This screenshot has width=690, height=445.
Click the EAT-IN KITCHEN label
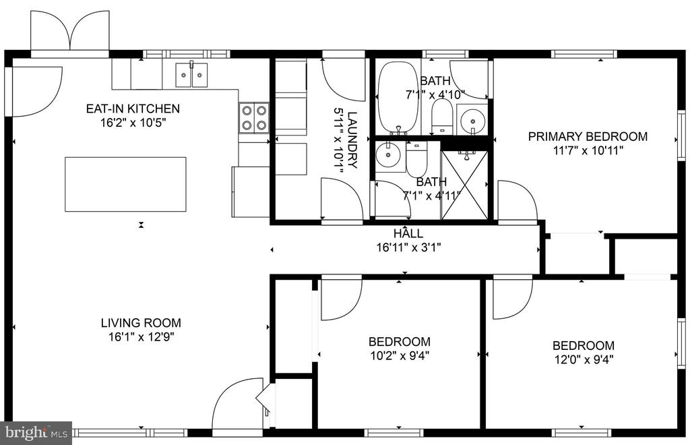tap(133, 109)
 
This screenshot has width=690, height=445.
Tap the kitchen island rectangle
tap(125, 185)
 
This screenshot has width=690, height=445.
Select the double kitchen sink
tap(191, 75)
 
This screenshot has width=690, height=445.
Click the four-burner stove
tap(254, 117)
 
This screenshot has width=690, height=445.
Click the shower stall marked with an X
tap(464, 185)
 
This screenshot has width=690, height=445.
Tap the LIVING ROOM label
tap(141, 323)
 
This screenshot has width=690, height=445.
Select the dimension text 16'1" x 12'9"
tap(142, 337)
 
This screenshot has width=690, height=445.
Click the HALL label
tap(408, 233)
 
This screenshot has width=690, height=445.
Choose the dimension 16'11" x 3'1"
tap(408, 247)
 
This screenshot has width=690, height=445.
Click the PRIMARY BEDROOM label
tap(588, 136)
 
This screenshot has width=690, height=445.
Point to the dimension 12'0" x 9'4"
tap(584, 359)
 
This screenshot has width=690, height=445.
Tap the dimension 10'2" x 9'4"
tap(400, 355)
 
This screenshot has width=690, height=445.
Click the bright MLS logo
tap(36, 433)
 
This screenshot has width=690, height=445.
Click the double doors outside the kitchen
tap(70, 31)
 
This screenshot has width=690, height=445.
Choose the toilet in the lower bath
tap(416, 158)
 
